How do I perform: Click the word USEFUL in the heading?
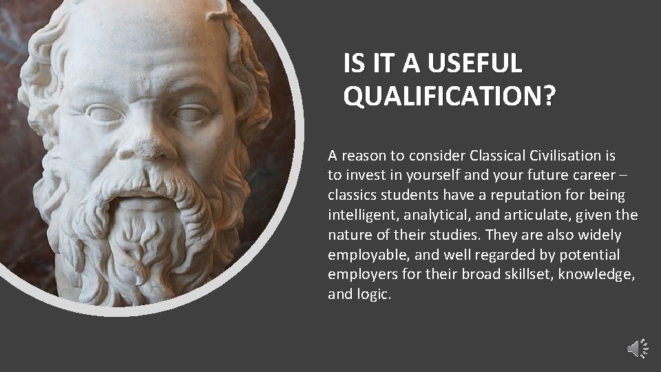click(474, 64)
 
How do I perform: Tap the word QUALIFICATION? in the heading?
click(448, 97)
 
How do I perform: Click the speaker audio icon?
click(638, 349)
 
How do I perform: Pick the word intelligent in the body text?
click(361, 215)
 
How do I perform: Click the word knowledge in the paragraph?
click(598, 275)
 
